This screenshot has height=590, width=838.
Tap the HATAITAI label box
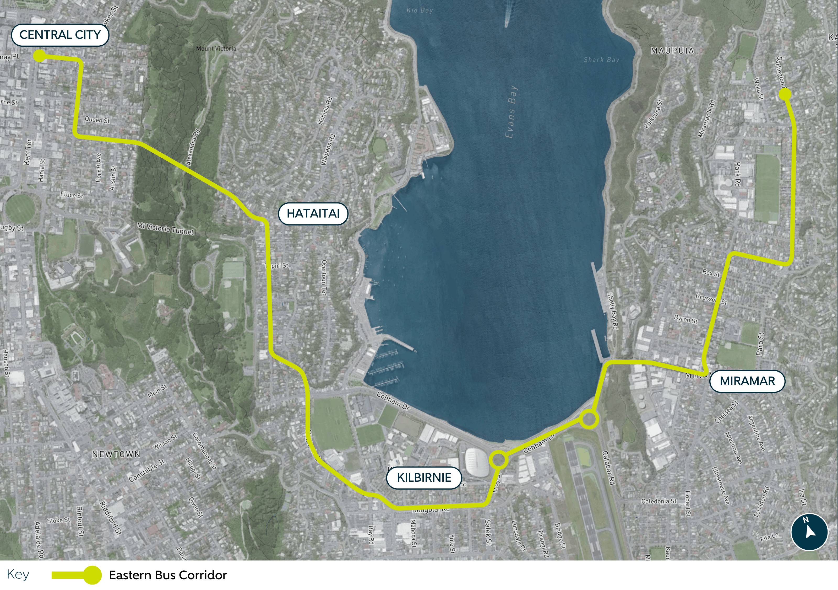click(x=313, y=213)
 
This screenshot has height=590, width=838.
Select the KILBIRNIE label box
click(x=424, y=478)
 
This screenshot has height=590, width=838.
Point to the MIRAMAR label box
click(x=747, y=381)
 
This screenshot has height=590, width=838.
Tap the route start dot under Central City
click(x=39, y=56)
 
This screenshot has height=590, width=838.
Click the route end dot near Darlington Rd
click(x=785, y=94)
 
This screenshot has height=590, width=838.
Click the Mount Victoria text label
click(x=216, y=48)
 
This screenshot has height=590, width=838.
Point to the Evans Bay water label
click(x=511, y=112)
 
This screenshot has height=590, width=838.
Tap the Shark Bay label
click(x=601, y=60)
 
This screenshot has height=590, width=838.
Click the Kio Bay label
click(x=419, y=10)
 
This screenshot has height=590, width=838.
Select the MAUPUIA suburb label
click(x=672, y=51)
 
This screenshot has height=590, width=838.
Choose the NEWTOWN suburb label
click(x=116, y=454)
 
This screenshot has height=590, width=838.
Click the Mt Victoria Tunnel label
click(x=165, y=229)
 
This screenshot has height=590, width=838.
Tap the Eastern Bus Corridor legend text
click(x=168, y=575)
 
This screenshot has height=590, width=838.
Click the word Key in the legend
click(x=18, y=574)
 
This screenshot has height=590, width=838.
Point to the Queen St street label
click(x=97, y=120)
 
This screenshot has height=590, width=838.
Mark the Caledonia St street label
click(x=659, y=501)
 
